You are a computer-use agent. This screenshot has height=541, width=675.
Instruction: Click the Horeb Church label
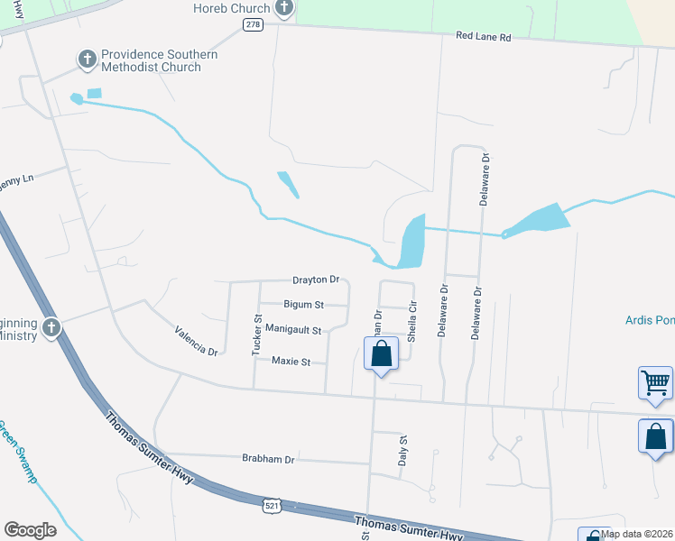[x=232, y=8]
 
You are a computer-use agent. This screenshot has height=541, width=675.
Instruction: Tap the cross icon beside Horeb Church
[x=284, y=9]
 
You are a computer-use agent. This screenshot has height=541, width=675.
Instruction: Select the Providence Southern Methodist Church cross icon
[x=88, y=60]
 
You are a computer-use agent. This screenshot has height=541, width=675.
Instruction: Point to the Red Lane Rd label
[x=483, y=37]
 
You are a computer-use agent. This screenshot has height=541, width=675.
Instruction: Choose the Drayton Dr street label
[x=315, y=280]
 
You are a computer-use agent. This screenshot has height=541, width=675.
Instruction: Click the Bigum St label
[x=303, y=305]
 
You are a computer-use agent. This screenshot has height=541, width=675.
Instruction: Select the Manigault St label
[x=293, y=330]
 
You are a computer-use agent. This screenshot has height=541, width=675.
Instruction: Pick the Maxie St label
[x=291, y=362]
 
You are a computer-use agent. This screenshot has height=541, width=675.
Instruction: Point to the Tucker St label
[x=257, y=334]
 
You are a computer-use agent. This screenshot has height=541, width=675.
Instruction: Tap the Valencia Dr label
[x=197, y=340]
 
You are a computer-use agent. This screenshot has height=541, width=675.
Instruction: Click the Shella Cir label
[x=412, y=322]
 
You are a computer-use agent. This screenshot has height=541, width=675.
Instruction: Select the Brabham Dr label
[x=268, y=459]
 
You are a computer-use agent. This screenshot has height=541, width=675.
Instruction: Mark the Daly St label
[x=403, y=450]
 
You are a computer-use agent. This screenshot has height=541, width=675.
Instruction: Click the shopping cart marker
[x=655, y=382]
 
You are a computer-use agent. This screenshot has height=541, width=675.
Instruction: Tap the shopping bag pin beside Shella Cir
[x=381, y=353]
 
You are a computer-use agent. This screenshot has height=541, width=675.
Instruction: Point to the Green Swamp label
[x=17, y=452]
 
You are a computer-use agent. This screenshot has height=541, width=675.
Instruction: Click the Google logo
[x=30, y=530]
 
